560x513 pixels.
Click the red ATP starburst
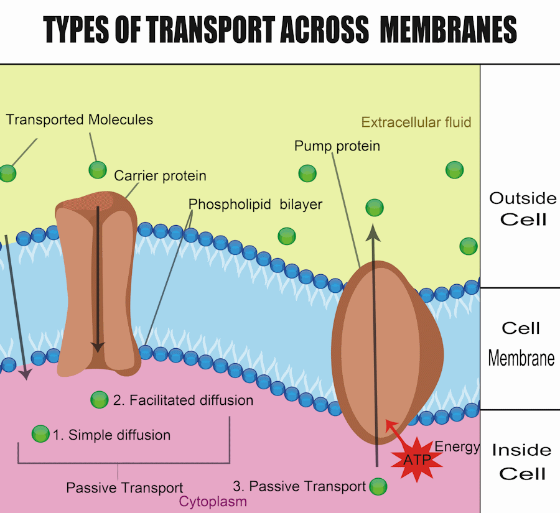(416, 460)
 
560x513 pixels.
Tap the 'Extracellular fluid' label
(416, 122)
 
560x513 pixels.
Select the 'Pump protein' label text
(337, 146)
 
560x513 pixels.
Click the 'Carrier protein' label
(160, 176)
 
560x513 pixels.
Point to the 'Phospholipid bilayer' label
(255, 204)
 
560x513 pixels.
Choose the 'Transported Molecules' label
(80, 119)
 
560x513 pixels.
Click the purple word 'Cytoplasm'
(213, 501)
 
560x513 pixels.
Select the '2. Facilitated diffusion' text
(183, 400)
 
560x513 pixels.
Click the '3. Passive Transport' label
(299, 486)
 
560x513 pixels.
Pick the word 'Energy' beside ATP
(457, 446)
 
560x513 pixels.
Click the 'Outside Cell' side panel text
(523, 208)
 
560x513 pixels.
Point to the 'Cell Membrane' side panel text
(521, 343)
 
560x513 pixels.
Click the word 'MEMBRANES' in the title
(449, 30)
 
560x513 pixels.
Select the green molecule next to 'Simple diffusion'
(40, 433)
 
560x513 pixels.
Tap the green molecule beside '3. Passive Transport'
(378, 486)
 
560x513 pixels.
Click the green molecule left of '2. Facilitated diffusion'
(99, 400)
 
